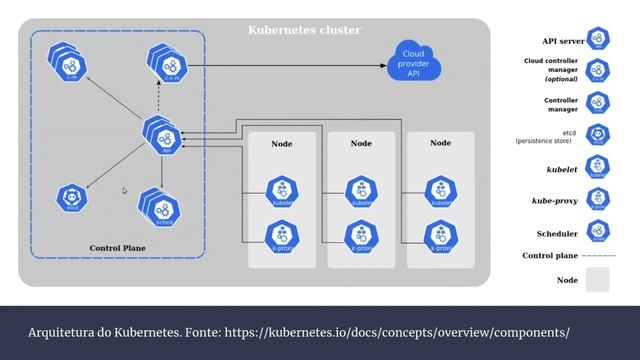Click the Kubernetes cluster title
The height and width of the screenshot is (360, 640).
304,31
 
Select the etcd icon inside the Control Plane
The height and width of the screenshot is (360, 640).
71,197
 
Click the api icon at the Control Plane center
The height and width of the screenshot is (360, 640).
162,135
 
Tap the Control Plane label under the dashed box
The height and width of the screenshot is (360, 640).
119,247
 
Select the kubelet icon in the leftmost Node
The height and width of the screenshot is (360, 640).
282,192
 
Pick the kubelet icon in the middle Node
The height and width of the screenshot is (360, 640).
361,192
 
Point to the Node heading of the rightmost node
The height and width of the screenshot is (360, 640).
440,144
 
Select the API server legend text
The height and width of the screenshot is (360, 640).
563,41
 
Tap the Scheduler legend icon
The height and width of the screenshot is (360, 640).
598,233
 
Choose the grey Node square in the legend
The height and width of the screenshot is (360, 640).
598,281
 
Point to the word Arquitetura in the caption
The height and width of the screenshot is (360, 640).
62,330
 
